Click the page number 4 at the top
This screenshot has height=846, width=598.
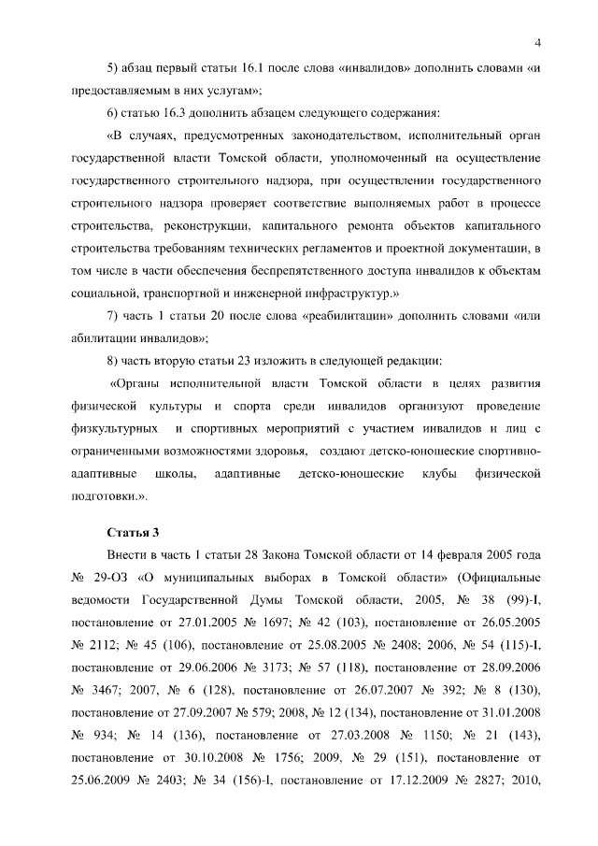[539, 42]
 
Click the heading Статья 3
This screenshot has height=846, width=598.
[134, 533]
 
